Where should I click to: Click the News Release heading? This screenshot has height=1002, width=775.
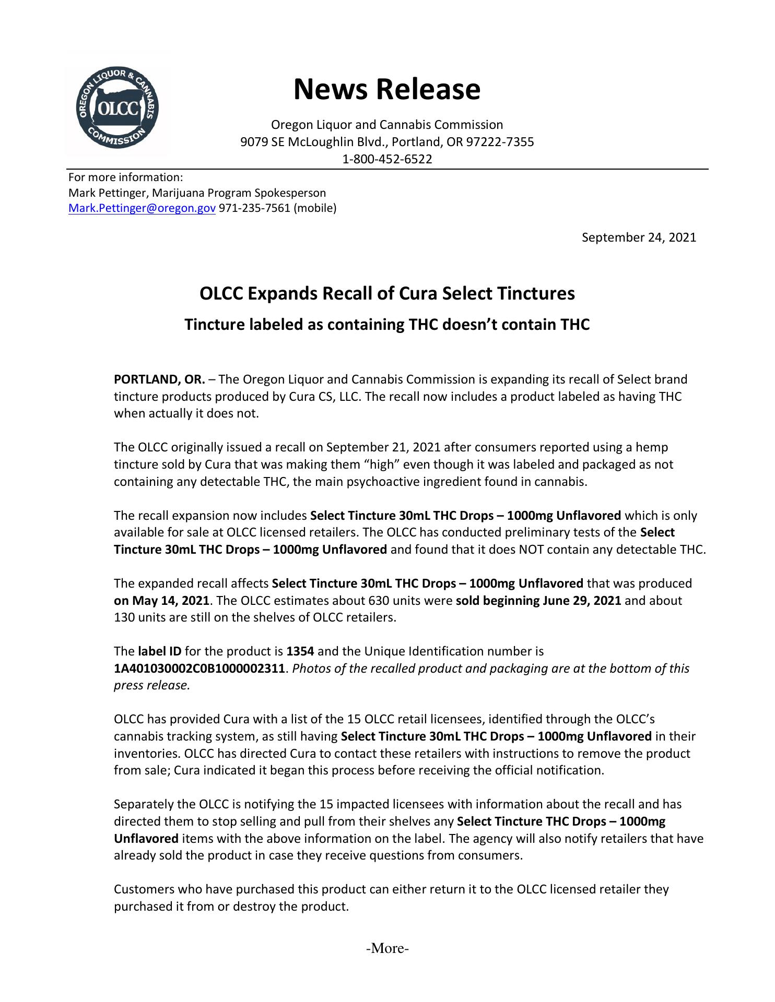[386, 89]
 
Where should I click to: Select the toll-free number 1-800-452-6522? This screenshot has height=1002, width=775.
[387, 159]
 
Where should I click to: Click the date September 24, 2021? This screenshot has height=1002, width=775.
[639, 237]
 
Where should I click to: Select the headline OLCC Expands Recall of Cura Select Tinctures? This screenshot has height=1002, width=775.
[387, 293]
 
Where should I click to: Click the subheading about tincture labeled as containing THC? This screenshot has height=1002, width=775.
[387, 325]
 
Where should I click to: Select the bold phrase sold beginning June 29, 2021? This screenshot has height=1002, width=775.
[538, 601]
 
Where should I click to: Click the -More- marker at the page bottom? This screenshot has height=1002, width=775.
[387, 948]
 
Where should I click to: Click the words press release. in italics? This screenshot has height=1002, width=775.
[151, 685]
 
